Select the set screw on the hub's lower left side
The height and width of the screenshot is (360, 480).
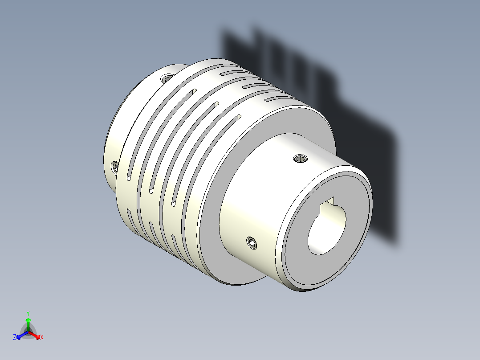pos(252,243)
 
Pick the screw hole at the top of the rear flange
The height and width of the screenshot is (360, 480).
pos(168,78)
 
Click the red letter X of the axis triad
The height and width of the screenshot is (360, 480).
pos(42,338)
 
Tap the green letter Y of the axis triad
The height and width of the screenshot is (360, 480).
pos(28,313)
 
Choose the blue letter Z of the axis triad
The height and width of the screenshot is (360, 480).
pos(15,338)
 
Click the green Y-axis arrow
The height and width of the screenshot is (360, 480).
pos(28,323)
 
